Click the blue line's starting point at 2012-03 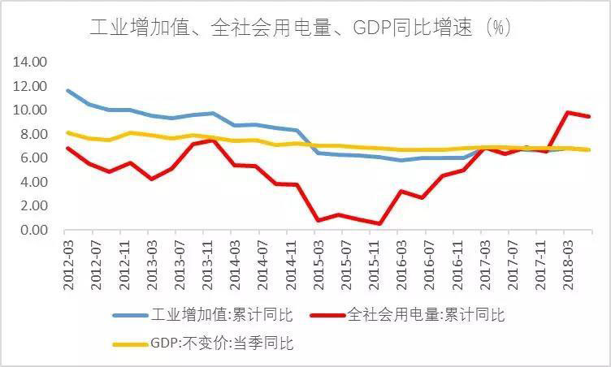click(x=68, y=90)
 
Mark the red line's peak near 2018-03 click(x=566, y=112)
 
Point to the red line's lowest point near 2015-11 click(x=379, y=223)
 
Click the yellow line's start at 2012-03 click(x=68, y=132)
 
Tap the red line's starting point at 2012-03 click(x=68, y=148)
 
